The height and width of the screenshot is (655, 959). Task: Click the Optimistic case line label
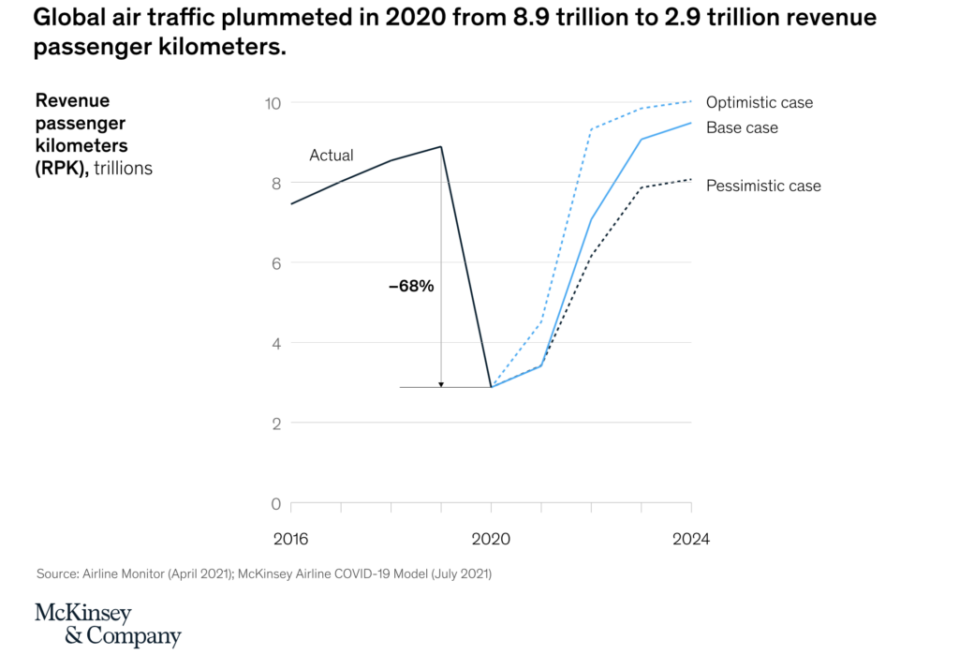[760, 103]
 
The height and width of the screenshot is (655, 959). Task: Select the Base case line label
[742, 127]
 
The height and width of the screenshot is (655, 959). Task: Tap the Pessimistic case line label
[763, 186]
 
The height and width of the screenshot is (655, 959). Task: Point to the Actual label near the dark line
[332, 156]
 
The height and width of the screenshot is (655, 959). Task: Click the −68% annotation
[411, 287]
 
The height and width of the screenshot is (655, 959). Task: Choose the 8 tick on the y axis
[276, 184]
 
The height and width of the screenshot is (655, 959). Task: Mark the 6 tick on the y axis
[276, 263]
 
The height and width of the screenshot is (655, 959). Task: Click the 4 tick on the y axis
[276, 344]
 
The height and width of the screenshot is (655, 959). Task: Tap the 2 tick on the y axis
[276, 424]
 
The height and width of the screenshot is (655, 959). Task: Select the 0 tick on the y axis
[276, 504]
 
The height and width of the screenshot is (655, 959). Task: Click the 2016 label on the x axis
[291, 540]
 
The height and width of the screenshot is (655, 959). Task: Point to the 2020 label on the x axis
[492, 540]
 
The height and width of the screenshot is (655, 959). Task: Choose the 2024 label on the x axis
[691, 540]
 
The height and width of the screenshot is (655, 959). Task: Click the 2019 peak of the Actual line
[441, 146]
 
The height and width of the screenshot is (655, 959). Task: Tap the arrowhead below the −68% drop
[441, 384]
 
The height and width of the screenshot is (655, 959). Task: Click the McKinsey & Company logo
[108, 625]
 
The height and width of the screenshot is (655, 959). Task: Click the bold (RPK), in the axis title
[63, 169]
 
